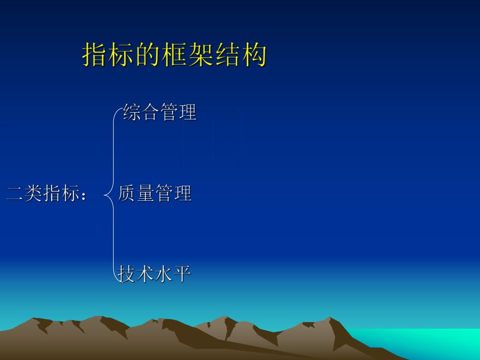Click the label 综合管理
click(x=160, y=112)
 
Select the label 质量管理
click(x=155, y=194)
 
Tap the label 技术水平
click(x=155, y=273)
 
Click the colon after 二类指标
click(x=85, y=195)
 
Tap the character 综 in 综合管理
click(x=132, y=112)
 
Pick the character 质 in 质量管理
click(x=127, y=194)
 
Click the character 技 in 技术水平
click(x=127, y=273)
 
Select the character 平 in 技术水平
click(x=183, y=273)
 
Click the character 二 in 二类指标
click(x=15, y=194)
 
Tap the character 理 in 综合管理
click(x=187, y=112)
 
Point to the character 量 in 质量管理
click(x=146, y=194)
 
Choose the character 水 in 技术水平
click(x=164, y=273)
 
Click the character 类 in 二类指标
click(x=33, y=194)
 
